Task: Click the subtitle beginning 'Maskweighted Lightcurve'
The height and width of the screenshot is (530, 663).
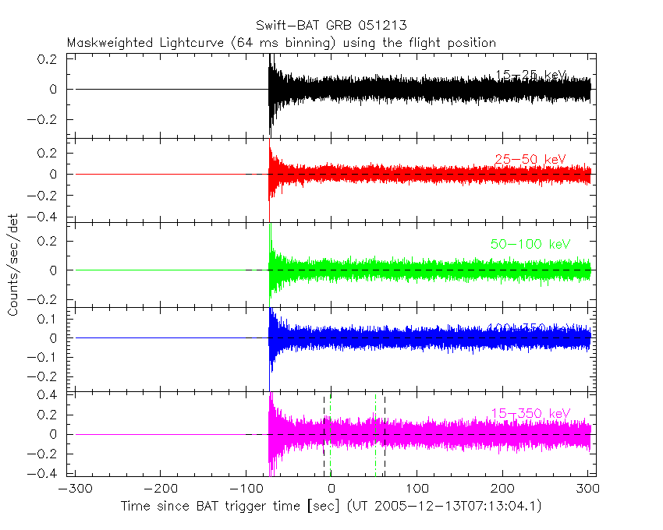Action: (282, 43)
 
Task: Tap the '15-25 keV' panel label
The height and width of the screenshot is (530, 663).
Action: (530, 75)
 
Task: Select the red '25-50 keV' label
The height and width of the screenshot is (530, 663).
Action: (530, 160)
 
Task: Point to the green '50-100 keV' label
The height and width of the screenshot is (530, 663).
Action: (530, 244)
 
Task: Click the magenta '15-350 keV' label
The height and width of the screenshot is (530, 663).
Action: (530, 412)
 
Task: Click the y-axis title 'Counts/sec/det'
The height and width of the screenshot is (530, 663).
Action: (13, 266)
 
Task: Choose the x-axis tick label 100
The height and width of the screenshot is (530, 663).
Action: (417, 489)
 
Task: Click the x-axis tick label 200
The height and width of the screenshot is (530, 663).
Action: (503, 489)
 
